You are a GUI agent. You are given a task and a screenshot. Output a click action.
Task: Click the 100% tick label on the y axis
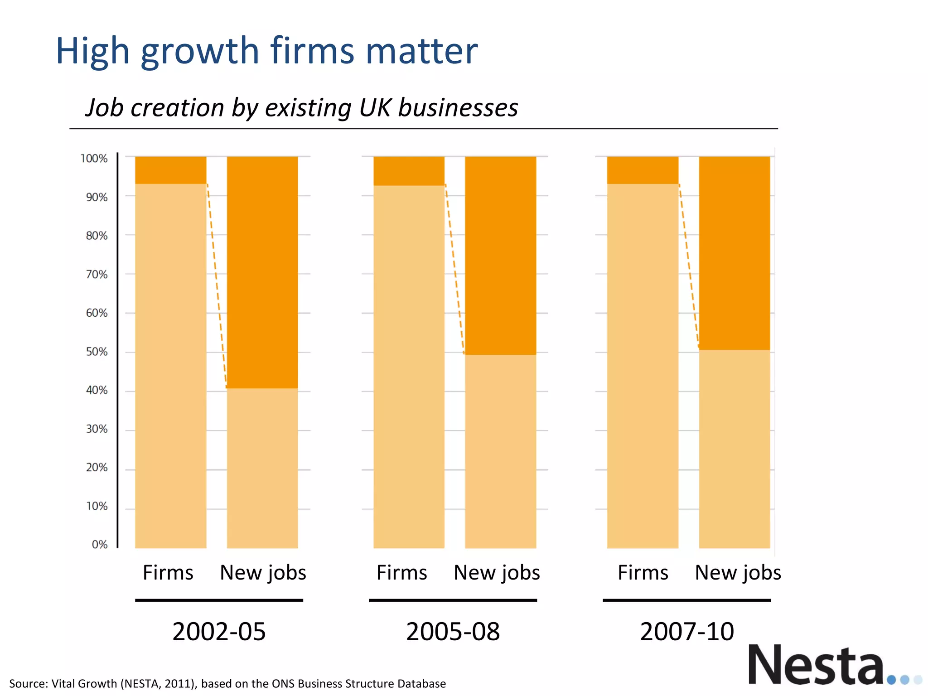tap(94, 159)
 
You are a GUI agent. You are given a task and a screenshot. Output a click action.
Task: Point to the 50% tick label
tap(97, 352)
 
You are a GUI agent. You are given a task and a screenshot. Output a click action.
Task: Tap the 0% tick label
tap(100, 545)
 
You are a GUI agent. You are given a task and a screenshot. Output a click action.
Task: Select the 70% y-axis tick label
tap(97, 275)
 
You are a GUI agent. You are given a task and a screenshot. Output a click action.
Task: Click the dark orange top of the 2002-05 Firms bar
tap(171, 170)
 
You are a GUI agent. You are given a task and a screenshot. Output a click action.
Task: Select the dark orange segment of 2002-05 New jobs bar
tap(262, 272)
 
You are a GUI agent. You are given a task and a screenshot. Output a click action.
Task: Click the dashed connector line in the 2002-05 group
tap(217, 285)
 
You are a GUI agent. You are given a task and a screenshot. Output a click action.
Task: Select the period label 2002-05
tap(219, 632)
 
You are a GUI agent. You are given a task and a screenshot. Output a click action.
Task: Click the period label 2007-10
tap(686, 632)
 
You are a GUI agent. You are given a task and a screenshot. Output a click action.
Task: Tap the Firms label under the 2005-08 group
tap(401, 573)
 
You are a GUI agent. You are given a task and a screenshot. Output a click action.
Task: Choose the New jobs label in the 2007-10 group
tap(738, 573)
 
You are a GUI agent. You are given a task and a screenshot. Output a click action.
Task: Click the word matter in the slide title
tap(421, 51)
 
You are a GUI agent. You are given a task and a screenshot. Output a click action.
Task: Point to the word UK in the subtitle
tap(375, 108)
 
